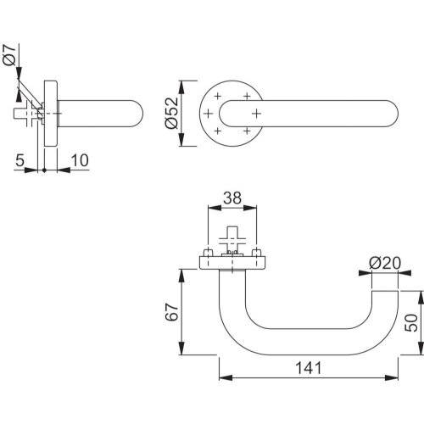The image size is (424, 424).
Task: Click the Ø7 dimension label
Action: coord(9,55)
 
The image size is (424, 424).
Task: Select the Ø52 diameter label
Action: coord(172,114)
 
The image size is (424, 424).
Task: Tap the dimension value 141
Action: coord(309,368)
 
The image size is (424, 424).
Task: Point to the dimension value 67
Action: coord(172,312)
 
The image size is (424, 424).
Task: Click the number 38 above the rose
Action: coord(232,198)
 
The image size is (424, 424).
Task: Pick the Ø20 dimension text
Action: coord(385,263)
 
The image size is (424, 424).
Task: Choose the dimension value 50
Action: coord(411,322)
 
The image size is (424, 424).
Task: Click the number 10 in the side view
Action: coord(80,160)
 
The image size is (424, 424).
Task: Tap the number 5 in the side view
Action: coord(20,160)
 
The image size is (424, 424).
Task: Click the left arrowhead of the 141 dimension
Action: coord(226,377)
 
